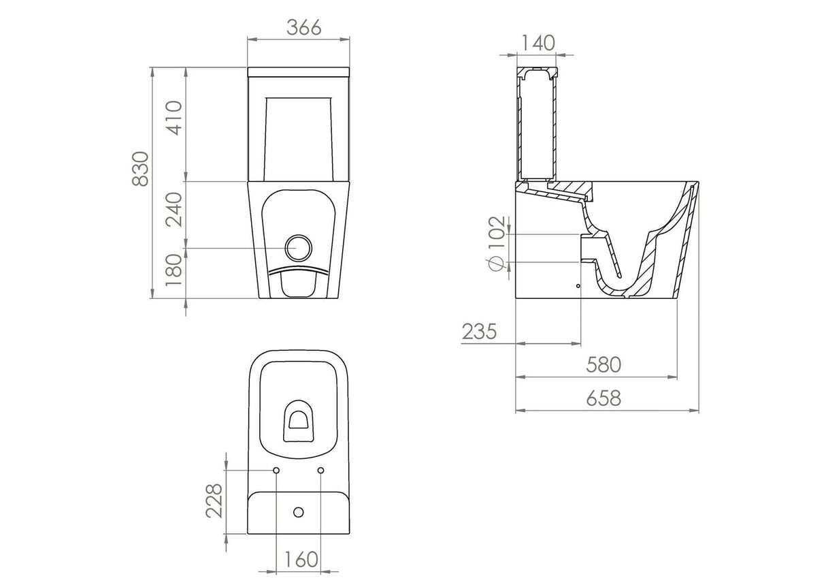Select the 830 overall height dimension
141,170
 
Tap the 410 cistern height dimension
174,118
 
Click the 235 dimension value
480,332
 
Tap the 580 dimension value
604,365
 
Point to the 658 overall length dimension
604,398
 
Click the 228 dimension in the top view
214,501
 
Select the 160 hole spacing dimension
298,560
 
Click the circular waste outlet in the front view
298,248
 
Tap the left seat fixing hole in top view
276,471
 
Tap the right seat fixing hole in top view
320,471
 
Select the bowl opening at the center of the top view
298,417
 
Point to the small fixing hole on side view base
578,286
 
